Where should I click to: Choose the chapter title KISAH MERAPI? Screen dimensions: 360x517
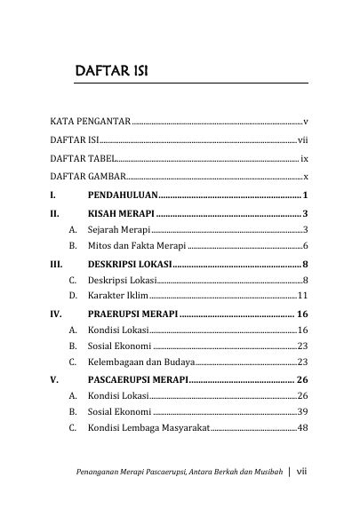(x=121, y=213)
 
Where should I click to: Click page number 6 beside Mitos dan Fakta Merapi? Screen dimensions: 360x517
(x=305, y=245)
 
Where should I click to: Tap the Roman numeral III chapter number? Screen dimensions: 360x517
(x=56, y=264)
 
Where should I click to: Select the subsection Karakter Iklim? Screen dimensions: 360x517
(x=117, y=296)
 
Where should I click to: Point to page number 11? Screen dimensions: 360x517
(x=302, y=296)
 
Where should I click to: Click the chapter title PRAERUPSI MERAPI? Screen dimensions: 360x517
(x=132, y=314)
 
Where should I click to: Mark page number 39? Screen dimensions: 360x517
(x=302, y=412)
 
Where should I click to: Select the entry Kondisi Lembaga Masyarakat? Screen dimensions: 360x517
(x=148, y=428)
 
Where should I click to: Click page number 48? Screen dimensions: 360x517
(x=302, y=428)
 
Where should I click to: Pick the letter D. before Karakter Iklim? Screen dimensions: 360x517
(x=71, y=296)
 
